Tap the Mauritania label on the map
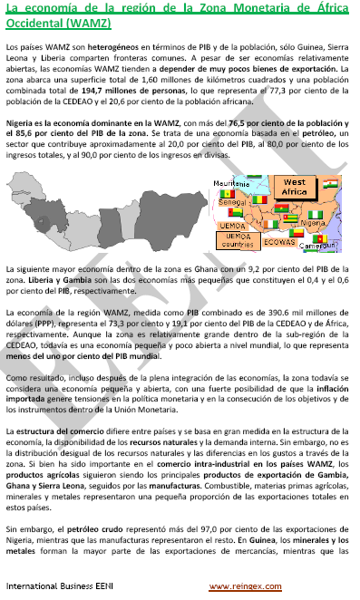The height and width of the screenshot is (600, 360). tap(230, 183)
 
